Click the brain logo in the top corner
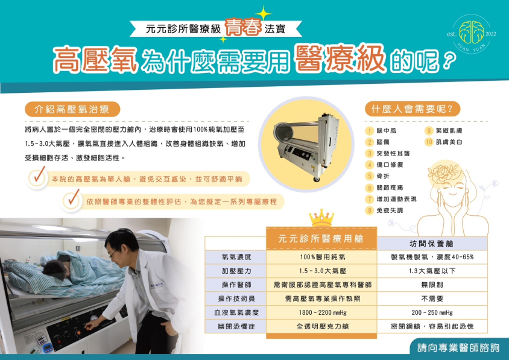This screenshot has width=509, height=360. (472, 32)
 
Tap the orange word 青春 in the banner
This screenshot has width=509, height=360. (243, 27)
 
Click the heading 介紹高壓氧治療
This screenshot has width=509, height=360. (72, 109)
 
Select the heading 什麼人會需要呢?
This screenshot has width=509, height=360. (412, 109)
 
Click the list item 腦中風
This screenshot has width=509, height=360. (387, 130)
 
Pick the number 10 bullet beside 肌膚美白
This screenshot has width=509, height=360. (429, 142)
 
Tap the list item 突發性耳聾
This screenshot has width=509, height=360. (393, 153)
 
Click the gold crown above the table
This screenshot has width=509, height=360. (321, 218)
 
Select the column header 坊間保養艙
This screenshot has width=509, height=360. (431, 244)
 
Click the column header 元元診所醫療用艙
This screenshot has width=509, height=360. (321, 239)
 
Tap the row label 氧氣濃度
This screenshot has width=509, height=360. (236, 257)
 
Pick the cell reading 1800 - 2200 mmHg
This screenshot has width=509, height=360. (323, 312)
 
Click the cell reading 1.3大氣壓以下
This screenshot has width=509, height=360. (432, 271)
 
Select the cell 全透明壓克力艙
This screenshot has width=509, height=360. (323, 326)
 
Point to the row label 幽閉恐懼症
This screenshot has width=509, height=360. (236, 326)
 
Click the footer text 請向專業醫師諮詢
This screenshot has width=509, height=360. (458, 348)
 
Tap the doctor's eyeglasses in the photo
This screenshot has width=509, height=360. (113, 253)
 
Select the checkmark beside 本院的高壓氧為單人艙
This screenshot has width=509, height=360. (39, 175)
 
